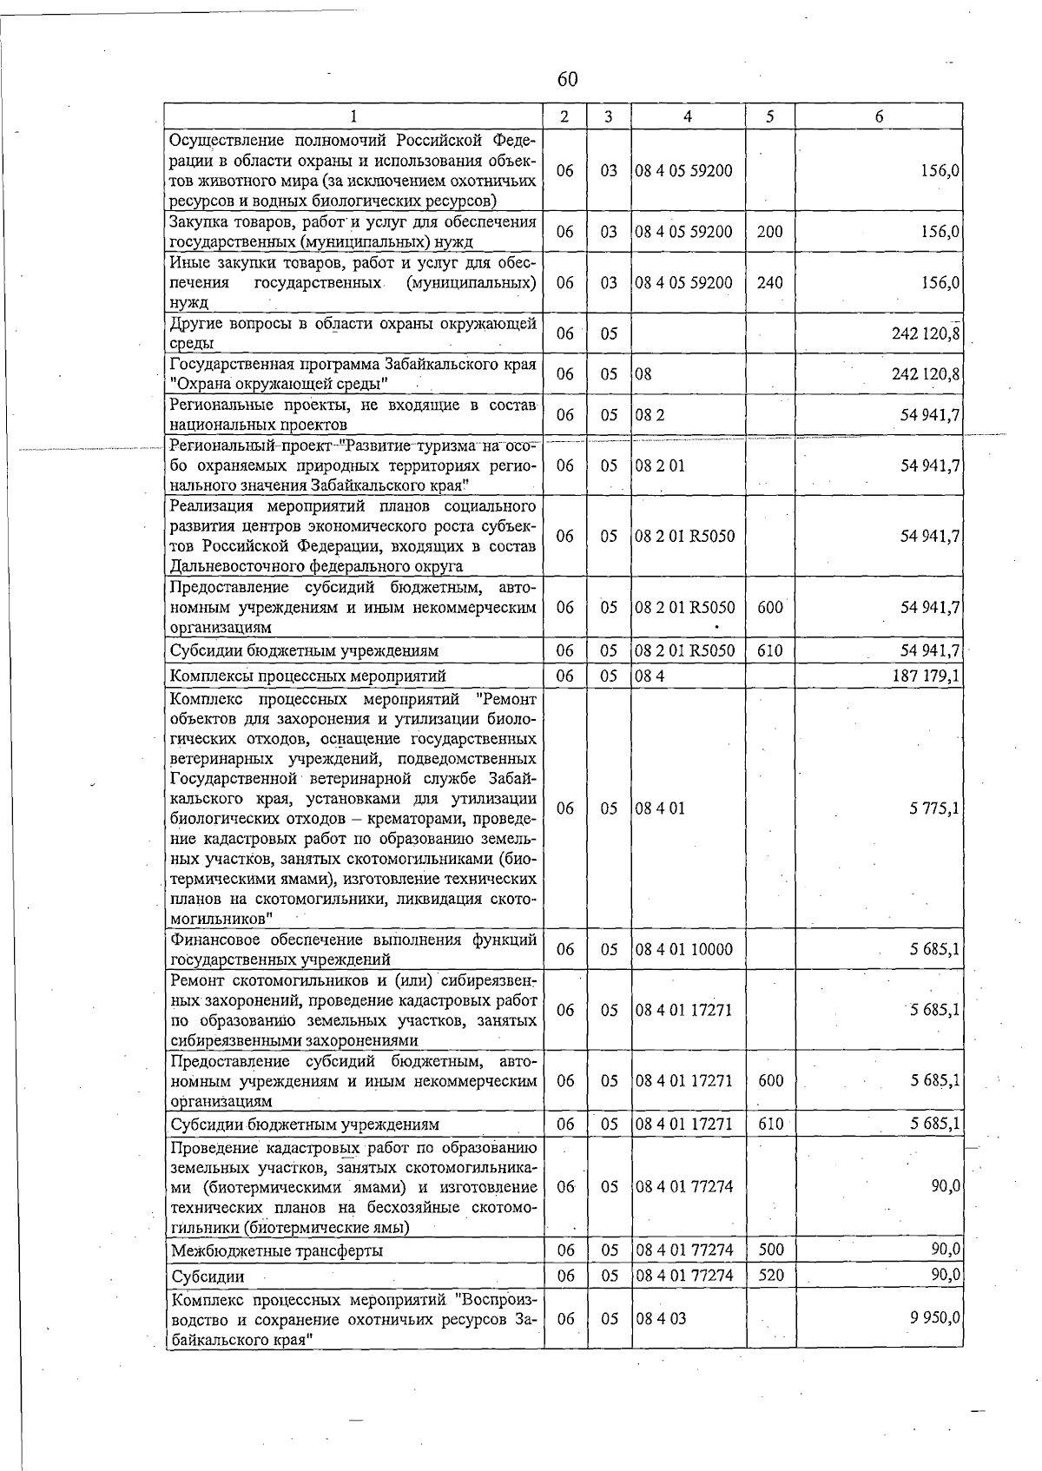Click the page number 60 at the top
(566, 80)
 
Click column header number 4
(687, 116)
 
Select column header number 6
(879, 116)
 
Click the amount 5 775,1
(933, 808)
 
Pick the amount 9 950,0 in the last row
(933, 1317)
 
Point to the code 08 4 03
(660, 1318)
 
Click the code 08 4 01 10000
(683, 949)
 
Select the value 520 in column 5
(770, 1275)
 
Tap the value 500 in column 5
(770, 1250)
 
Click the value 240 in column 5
(769, 282)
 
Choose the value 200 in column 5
(769, 232)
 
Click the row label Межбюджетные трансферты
(277, 1250)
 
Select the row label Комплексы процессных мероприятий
(307, 676)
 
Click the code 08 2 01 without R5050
(659, 465)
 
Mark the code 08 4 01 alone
(659, 808)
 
